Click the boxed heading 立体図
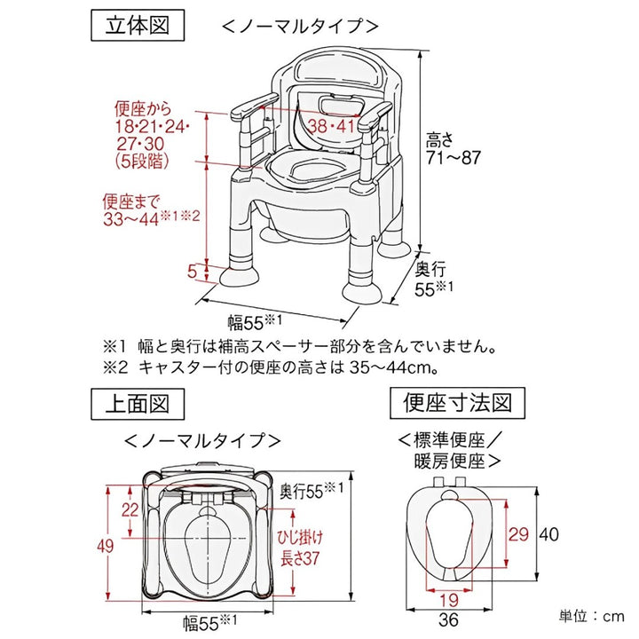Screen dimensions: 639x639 (x=138, y=25)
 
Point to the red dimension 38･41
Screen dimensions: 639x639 (x=331, y=126)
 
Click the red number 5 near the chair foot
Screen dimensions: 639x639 (x=193, y=272)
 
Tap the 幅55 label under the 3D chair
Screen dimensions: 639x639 (x=257, y=320)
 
